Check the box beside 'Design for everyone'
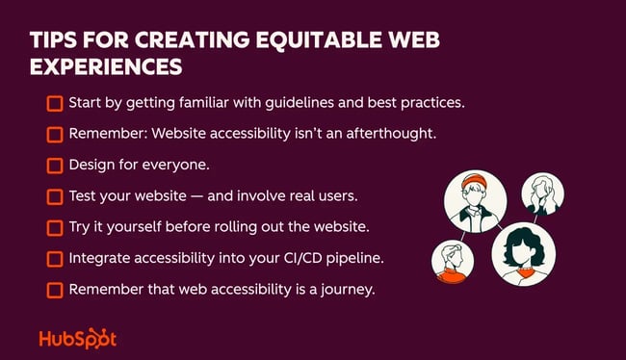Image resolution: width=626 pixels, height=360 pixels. tap(55, 165)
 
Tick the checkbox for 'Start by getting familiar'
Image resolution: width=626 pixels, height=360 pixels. tap(55, 102)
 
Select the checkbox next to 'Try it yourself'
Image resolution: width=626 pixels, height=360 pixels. tap(55, 227)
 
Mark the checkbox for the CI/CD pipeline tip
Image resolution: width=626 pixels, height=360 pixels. tap(55, 258)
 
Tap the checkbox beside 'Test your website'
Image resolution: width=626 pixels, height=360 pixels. tap(55, 196)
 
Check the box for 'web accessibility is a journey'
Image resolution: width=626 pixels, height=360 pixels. tap(55, 289)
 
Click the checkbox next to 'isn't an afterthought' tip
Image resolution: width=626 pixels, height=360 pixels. tap(55, 134)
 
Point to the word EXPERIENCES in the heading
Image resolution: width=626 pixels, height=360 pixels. tap(105, 70)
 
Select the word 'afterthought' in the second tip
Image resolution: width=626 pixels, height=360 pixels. tap(391, 134)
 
